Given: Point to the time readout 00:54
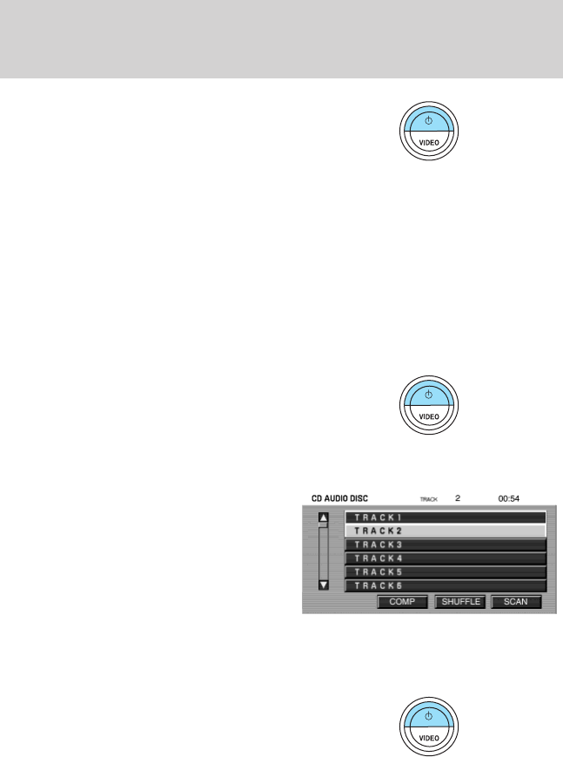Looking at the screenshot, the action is [509, 499].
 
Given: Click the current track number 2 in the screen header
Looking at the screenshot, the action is [457, 499].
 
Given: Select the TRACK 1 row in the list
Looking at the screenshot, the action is [446, 517].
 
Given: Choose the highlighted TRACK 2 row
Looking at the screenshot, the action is [446, 531].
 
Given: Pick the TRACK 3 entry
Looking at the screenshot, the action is [446, 544].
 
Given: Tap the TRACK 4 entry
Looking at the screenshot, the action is [446, 558].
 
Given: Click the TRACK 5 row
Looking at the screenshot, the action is [446, 572].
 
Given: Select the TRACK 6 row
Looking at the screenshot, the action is [446, 586].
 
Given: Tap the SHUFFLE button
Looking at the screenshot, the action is [459, 602].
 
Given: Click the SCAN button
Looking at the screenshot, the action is [515, 602].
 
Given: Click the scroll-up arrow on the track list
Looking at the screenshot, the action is [325, 517].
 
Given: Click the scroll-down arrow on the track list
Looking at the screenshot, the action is [325, 585].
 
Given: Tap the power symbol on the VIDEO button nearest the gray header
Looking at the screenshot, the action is [427, 119].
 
